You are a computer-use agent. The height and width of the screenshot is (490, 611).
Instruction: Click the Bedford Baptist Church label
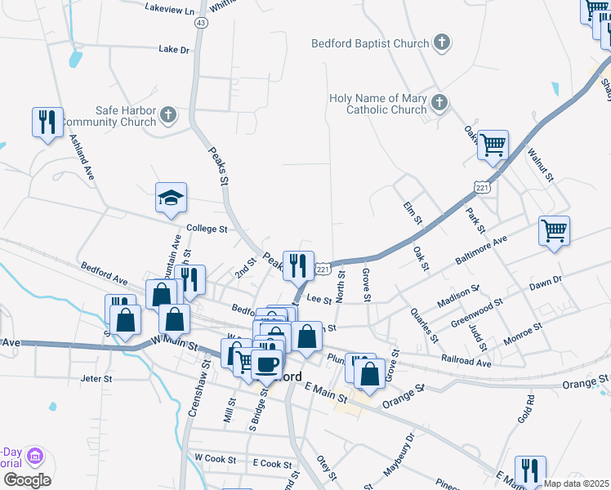pyautogui.click(x=370, y=43)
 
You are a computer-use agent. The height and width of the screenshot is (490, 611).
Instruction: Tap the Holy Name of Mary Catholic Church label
pyautogui.click(x=378, y=104)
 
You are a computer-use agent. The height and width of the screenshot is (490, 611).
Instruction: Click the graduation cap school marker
pyautogui.click(x=172, y=198)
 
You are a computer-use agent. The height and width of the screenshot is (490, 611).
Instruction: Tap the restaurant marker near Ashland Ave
pyautogui.click(x=47, y=122)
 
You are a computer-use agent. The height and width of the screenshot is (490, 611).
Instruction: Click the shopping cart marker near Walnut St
pyautogui.click(x=493, y=145)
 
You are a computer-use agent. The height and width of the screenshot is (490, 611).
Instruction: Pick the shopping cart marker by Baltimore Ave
pyautogui.click(x=554, y=231)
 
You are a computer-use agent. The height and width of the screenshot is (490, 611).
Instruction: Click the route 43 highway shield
pyautogui.click(x=200, y=23)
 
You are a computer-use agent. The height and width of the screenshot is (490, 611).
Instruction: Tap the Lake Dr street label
pyautogui.click(x=173, y=50)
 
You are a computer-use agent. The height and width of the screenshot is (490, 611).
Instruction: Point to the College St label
pyautogui.click(x=207, y=229)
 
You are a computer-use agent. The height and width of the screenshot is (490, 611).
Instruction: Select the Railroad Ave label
pyautogui.click(x=467, y=360)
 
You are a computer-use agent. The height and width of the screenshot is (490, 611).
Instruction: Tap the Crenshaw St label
pyautogui.click(x=195, y=399)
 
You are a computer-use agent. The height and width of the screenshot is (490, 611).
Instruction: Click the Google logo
pyautogui.click(x=26, y=480)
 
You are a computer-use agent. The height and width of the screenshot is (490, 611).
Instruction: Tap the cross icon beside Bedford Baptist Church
pyautogui.click(x=441, y=42)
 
